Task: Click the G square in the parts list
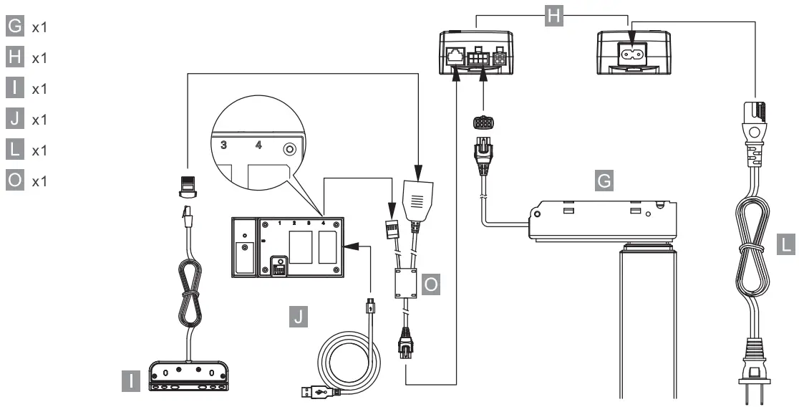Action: coord(14,27)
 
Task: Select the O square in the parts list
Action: coord(14,181)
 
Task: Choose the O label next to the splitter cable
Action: coord(431,285)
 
